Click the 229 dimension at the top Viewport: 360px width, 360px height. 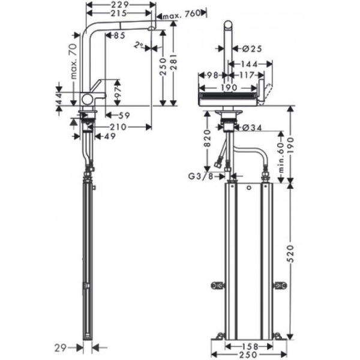(x=118, y=5)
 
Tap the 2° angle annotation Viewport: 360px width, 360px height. (x=139, y=44)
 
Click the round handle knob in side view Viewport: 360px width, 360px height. (x=88, y=98)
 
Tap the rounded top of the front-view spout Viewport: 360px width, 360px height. (x=228, y=25)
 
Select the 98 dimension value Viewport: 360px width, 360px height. (x=211, y=74)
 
